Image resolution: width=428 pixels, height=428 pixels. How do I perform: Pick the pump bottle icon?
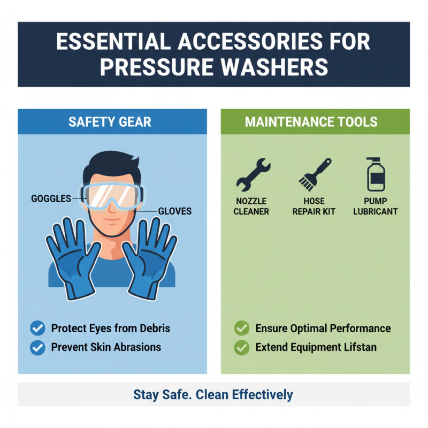click(x=376, y=174)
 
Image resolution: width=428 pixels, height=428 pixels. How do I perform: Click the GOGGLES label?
click(x=51, y=198)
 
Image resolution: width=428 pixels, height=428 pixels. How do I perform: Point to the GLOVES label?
click(x=174, y=211)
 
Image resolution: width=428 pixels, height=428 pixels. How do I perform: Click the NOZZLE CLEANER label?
click(x=251, y=206)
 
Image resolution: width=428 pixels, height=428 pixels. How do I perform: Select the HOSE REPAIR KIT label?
click(x=314, y=206)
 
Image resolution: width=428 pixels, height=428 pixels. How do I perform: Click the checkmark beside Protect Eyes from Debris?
click(x=37, y=328)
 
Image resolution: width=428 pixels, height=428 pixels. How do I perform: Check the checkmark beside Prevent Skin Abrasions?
click(x=37, y=347)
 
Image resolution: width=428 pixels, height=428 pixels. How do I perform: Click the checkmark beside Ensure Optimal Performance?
click(x=242, y=328)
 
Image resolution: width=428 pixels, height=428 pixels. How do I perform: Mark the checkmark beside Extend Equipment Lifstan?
click(x=242, y=347)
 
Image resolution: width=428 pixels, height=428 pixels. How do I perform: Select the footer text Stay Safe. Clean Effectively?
click(x=213, y=395)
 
